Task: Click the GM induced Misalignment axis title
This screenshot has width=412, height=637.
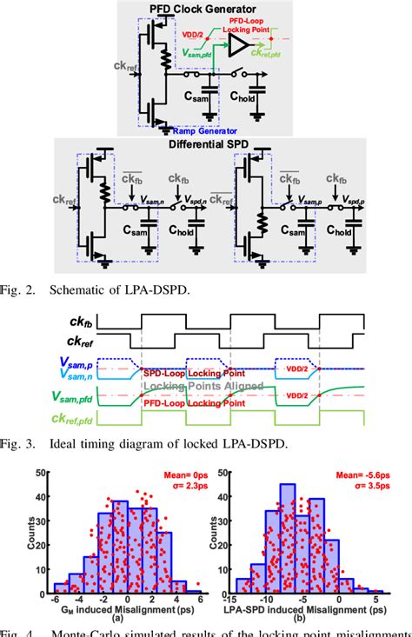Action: pos(127,610)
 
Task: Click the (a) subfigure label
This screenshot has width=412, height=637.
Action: pos(127,620)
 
